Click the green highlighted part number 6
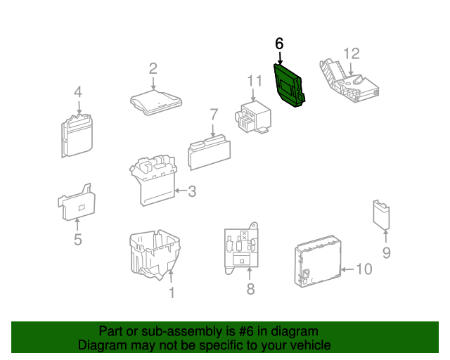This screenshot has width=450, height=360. [x=288, y=86]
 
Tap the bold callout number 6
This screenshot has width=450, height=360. [x=279, y=44]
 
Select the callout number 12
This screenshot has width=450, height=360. [x=352, y=53]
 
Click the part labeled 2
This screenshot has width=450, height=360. [x=156, y=103]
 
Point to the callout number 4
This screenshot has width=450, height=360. [x=78, y=92]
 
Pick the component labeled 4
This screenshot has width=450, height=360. [x=77, y=136]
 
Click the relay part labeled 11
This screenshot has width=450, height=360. [x=252, y=117]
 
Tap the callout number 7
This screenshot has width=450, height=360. [x=214, y=115]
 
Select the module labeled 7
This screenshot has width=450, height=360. [x=210, y=153]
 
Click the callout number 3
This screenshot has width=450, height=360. [x=192, y=191]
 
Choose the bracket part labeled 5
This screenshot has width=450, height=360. [x=77, y=202]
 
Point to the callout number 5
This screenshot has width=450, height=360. [x=78, y=240]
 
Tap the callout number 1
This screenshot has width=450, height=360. [x=172, y=292]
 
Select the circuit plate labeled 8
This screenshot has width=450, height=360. [x=241, y=248]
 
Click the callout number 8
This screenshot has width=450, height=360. [x=250, y=289]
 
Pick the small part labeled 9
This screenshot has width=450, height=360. [x=381, y=214]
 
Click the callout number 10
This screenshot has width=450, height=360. [x=364, y=269]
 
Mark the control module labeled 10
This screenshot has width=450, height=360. [x=318, y=262]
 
